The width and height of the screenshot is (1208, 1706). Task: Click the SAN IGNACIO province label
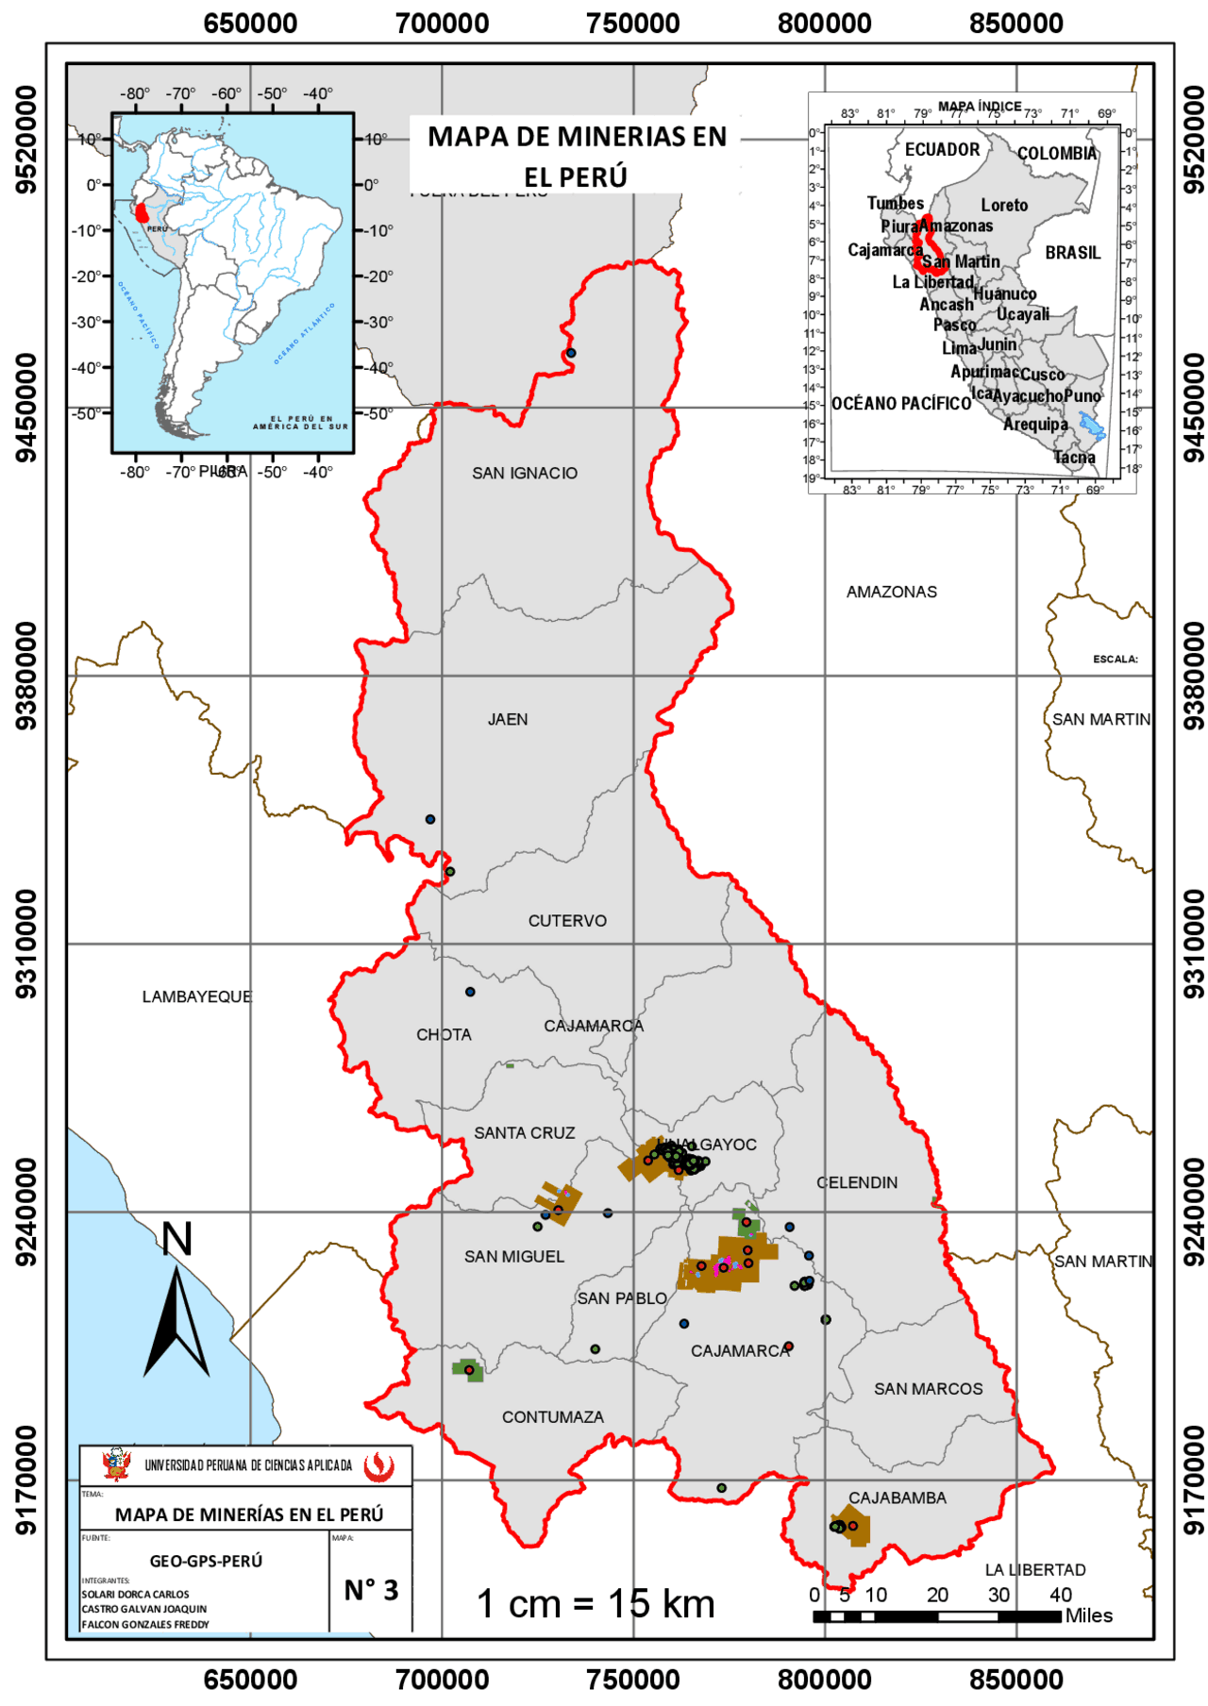coord(525,473)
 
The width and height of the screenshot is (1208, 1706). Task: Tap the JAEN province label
coord(508,719)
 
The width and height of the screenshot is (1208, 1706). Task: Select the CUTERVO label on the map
coord(567,920)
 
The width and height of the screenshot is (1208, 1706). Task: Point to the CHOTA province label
coord(444,1034)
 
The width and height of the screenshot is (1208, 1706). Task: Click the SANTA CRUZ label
coord(524,1132)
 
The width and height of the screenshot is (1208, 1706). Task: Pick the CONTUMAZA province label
coord(552,1416)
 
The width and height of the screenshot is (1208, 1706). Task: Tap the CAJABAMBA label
coord(897,1497)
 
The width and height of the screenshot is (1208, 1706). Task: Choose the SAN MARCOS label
coord(928,1388)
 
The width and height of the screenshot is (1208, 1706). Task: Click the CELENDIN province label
coord(857,1182)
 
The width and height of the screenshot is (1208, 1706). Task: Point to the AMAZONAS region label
coord(891,592)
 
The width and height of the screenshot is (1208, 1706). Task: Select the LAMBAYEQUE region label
coord(197,996)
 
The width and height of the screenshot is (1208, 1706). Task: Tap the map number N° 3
coord(371,1590)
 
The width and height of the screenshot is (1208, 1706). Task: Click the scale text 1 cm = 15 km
coord(596,1603)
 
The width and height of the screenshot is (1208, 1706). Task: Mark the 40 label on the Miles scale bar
coord(1060,1595)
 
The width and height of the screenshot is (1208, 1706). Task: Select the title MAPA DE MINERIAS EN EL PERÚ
coord(577,156)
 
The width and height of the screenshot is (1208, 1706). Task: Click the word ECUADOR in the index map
coord(942,149)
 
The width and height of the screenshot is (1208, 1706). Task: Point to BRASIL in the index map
coord(1072,253)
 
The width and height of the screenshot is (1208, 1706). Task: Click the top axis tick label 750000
coord(632,23)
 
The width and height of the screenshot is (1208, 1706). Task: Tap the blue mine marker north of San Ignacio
coord(571,353)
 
